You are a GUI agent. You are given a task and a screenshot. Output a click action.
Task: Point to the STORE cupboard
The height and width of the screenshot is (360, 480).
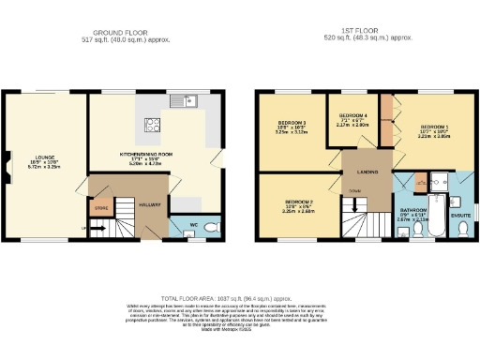pyautogui.click(x=102, y=207)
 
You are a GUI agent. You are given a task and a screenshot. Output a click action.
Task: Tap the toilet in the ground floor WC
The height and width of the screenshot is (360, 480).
pyautogui.click(x=211, y=226)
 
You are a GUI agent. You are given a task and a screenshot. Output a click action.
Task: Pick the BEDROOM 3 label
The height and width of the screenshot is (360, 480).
pyautogui.click(x=291, y=125)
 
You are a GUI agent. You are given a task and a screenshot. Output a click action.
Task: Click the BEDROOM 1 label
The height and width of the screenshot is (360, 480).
pyautogui.click(x=434, y=127)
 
